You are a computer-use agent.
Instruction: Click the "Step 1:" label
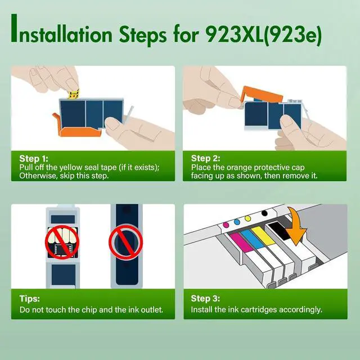(x=34, y=159)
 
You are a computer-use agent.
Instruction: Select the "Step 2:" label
(x=205, y=159)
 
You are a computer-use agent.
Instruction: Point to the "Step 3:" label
(x=205, y=300)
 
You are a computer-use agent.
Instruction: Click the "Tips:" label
(x=30, y=300)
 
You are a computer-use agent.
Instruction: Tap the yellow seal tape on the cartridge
(x=73, y=93)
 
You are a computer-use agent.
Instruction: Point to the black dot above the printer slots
(x=263, y=213)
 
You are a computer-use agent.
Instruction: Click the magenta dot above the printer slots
(x=226, y=224)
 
